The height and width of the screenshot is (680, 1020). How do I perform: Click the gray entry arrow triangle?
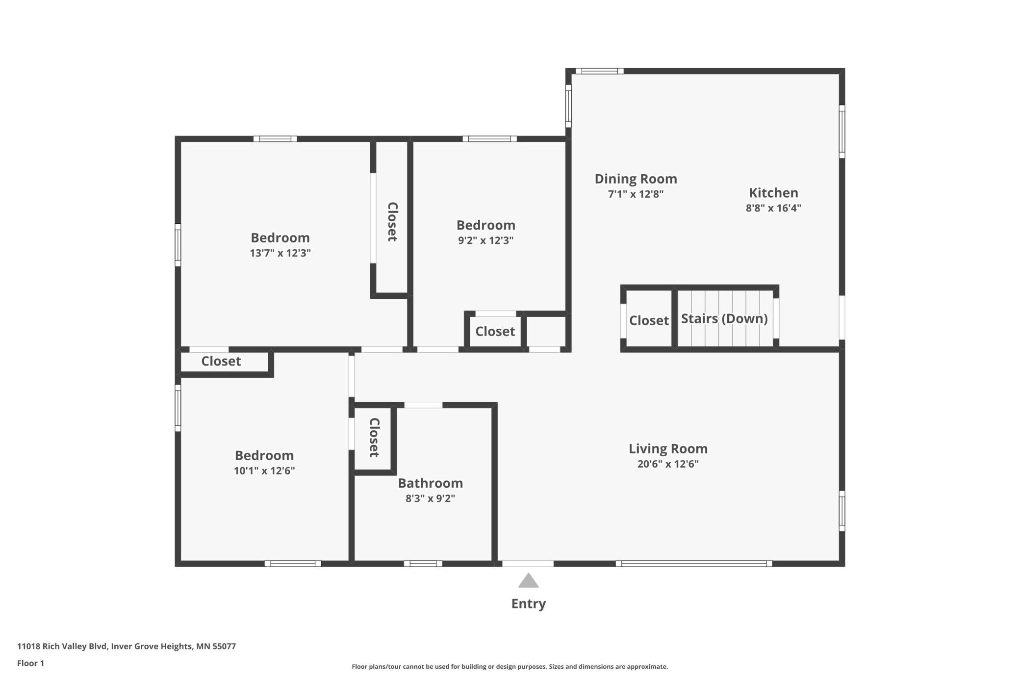529,581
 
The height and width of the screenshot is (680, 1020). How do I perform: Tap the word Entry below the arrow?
529,604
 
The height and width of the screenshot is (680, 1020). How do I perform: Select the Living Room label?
668,449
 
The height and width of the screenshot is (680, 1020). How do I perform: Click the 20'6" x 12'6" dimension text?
668,464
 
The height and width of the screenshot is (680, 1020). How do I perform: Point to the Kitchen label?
773,193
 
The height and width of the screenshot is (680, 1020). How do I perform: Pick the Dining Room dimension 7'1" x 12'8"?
636,194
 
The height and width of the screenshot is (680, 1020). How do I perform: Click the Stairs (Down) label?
724,319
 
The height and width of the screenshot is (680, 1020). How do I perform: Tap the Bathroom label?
430,483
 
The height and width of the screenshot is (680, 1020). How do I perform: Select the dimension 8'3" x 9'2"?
430,498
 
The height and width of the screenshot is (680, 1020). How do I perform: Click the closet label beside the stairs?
649,321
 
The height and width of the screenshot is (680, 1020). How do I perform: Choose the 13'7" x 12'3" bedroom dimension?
280,253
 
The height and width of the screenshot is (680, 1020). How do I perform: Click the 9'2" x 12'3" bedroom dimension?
485,240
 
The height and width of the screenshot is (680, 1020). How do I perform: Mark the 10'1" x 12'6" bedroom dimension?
264,471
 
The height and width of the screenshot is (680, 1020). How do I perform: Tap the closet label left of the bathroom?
374,438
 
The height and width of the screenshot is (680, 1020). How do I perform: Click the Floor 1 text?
30,663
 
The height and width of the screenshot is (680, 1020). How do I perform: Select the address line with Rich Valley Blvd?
127,647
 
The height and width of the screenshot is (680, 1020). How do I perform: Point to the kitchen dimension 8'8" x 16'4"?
773,208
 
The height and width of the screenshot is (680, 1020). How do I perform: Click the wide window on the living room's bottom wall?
694,564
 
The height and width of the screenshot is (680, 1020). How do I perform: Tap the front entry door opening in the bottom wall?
528,564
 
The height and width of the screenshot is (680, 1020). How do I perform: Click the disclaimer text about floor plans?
510,667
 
